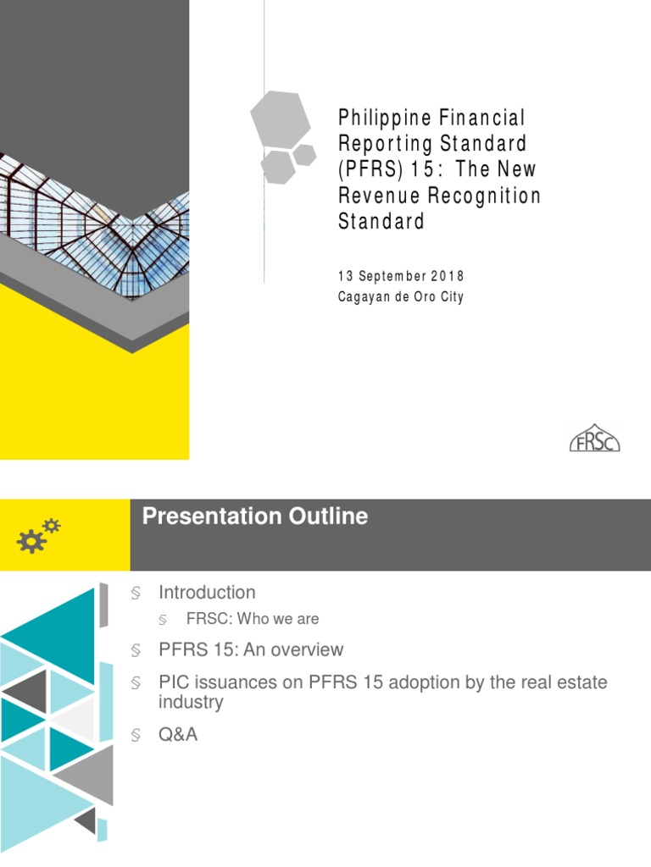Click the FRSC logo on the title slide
tap(593, 438)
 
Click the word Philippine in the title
tap(380, 117)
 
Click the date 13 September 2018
tap(401, 277)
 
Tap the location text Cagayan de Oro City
tap(401, 297)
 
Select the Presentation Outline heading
tap(255, 516)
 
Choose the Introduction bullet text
tap(207, 593)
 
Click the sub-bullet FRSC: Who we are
tap(252, 619)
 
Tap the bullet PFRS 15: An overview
tap(251, 650)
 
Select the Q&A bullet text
tap(178, 735)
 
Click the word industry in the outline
tap(191, 702)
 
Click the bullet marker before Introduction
tap(136, 594)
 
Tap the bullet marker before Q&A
tap(136, 736)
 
